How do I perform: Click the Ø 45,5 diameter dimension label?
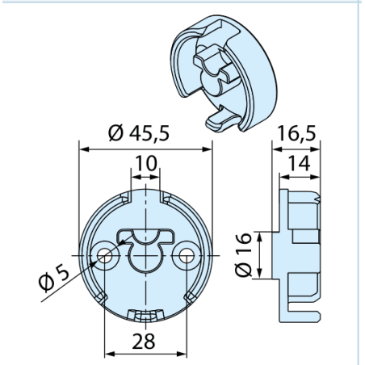click(x=139, y=133)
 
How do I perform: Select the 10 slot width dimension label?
click(x=145, y=163)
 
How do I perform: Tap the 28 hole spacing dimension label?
click(x=144, y=341)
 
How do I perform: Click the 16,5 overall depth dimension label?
click(x=296, y=133)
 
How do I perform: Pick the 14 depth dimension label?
click(x=299, y=163)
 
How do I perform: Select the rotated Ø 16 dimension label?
click(x=243, y=254)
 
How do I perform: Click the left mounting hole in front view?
click(x=105, y=255)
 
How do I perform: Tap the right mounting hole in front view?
click(x=187, y=255)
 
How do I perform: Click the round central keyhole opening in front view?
click(x=145, y=258)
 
